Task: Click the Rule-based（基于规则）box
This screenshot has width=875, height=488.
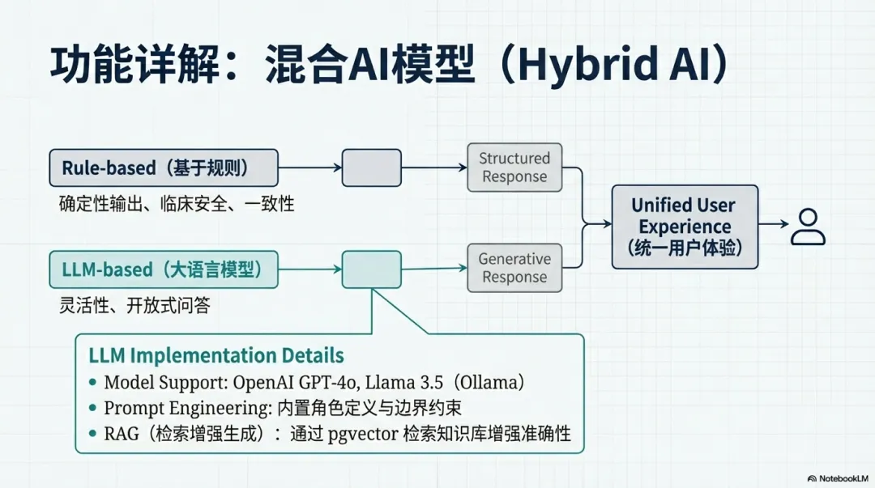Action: pos(164,168)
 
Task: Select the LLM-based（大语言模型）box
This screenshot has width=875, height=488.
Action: pos(164,269)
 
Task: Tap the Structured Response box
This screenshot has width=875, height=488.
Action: pos(514,168)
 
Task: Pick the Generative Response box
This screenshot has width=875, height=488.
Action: pos(514,268)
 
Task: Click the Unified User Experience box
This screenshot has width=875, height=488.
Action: pos(685,227)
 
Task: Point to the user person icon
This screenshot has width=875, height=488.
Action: pos(808,227)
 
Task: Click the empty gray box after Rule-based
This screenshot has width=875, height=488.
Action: pos(372,168)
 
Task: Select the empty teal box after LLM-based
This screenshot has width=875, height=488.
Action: pos(372,269)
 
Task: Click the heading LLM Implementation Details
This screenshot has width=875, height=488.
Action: pos(216,355)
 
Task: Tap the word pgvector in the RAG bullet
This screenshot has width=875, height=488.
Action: pos(361,433)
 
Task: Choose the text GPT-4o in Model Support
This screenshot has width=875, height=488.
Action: pos(339,382)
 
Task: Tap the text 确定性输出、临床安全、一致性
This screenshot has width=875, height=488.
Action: pos(177,203)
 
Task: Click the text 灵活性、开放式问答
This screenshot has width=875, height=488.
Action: pos(140,306)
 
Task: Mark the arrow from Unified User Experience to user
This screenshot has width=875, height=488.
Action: pos(774,227)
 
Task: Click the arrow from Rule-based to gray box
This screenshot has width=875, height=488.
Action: pos(310,168)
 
